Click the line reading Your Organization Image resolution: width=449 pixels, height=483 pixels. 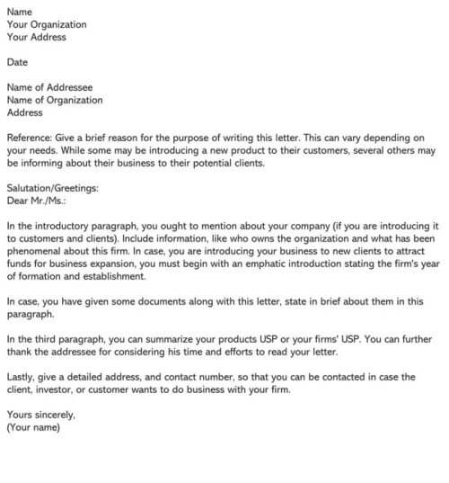[47, 24]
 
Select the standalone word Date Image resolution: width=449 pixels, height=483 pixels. [17, 63]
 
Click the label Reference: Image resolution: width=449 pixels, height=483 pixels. [31, 138]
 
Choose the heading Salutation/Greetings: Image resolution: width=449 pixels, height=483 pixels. [52, 188]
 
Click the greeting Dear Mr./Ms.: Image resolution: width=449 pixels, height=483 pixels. [37, 201]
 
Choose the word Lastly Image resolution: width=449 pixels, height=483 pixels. [22, 377]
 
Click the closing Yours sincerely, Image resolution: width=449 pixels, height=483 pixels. [41, 416]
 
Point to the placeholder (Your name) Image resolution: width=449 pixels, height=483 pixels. [33, 428]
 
